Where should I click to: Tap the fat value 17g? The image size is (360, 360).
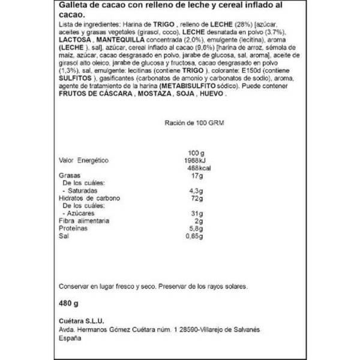point(193,176)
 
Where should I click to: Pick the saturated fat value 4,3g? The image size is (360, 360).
point(193,191)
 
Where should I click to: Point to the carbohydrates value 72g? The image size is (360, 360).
point(193,198)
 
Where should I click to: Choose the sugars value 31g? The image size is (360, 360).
point(193,214)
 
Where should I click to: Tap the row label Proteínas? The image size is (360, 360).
point(71,229)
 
